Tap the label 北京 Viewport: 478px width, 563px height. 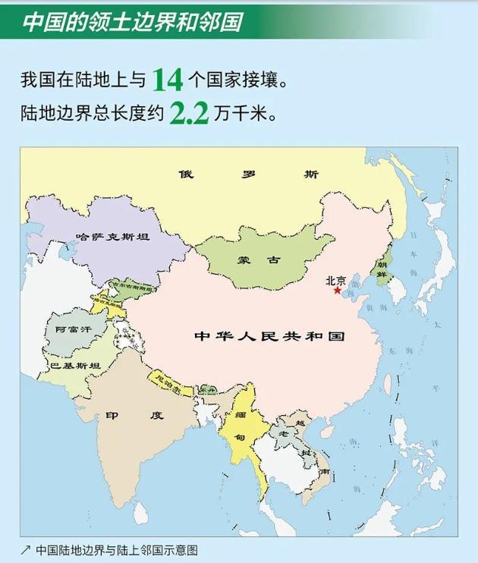point(336,278)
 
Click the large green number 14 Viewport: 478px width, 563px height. point(166,79)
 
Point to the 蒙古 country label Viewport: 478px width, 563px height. point(259,259)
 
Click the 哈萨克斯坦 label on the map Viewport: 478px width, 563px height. point(112,236)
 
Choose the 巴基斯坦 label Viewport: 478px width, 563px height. point(74,366)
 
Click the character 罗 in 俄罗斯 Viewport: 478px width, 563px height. point(247,174)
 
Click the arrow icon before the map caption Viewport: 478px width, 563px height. point(25,549)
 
